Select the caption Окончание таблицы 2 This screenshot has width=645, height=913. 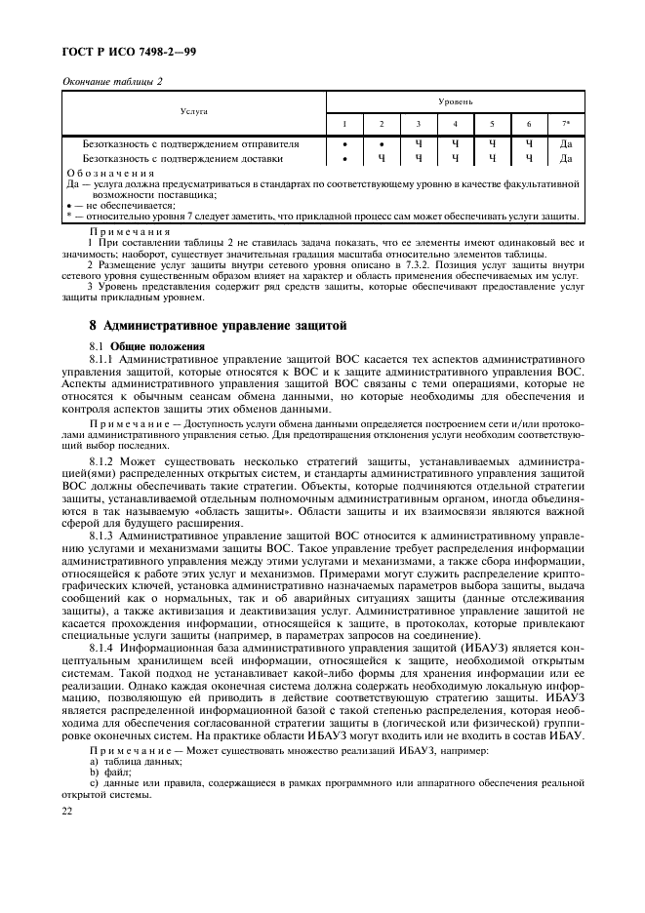coord(112,81)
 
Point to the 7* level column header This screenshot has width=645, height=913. coord(565,124)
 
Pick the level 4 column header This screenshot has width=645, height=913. coord(454,124)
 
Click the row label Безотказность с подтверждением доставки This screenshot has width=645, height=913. coord(182,157)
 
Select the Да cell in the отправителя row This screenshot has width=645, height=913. coord(565,144)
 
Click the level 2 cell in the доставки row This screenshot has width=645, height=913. coord(381,157)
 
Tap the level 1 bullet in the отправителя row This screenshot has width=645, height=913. coord(343,144)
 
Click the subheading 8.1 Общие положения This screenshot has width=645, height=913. coord(146,345)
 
